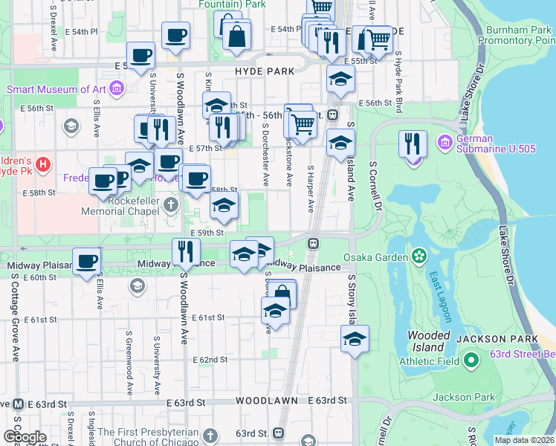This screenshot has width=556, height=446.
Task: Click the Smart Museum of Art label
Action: [x=56, y=89]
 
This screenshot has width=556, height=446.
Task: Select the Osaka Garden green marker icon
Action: [x=419, y=257]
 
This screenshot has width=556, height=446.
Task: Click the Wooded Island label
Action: [x=429, y=341]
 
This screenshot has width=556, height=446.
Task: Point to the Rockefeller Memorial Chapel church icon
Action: [x=172, y=204]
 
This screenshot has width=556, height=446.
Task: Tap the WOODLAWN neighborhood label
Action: [x=267, y=400]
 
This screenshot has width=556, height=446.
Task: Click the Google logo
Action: [x=25, y=437]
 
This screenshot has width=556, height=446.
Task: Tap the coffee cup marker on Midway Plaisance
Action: [x=86, y=262]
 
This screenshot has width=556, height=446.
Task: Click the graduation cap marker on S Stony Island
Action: [x=355, y=339]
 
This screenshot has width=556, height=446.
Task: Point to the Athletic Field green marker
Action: [x=470, y=361]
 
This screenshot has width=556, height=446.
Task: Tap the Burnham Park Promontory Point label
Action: [x=518, y=35]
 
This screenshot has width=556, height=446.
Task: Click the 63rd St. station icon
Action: [x=280, y=433]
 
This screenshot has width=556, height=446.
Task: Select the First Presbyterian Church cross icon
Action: [x=210, y=435]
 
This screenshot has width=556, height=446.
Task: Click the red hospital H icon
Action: [x=43, y=164]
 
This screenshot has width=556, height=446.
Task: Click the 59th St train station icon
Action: [x=314, y=243]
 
